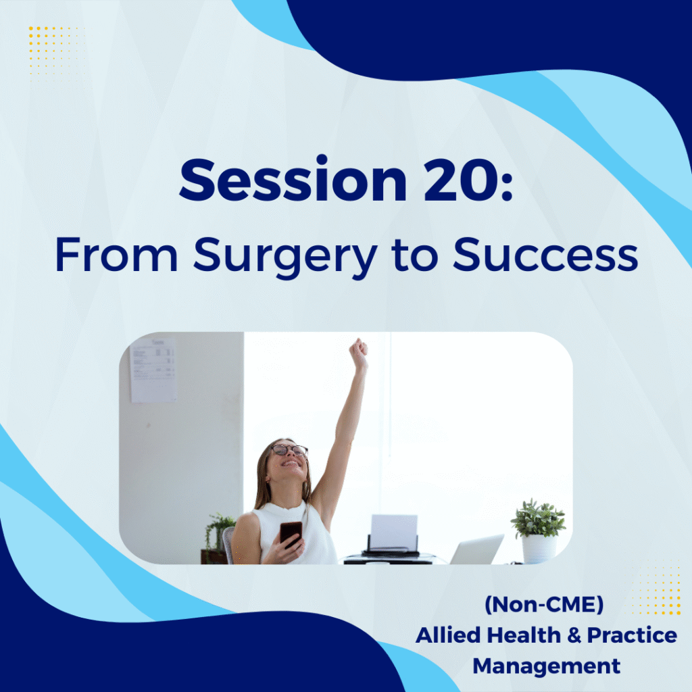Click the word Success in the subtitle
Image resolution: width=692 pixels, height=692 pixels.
[x=545, y=254]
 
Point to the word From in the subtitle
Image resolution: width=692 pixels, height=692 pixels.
[x=116, y=255]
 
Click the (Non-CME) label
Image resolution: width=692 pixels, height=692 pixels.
[x=544, y=604]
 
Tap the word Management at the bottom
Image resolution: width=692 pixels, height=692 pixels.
[x=546, y=666]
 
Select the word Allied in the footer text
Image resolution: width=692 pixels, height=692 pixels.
[x=449, y=635]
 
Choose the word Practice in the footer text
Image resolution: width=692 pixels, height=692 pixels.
[x=632, y=635]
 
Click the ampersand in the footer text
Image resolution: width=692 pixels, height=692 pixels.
[x=574, y=635]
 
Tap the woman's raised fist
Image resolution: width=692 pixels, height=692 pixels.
[x=358, y=352]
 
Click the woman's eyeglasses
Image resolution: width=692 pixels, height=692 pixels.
[x=289, y=450]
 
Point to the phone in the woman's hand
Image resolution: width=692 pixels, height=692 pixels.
[x=291, y=534]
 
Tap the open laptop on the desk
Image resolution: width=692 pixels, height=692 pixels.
[x=476, y=549]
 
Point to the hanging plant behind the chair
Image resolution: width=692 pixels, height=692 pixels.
[x=218, y=534]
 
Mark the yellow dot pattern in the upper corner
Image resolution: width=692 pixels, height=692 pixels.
[x=54, y=52]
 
